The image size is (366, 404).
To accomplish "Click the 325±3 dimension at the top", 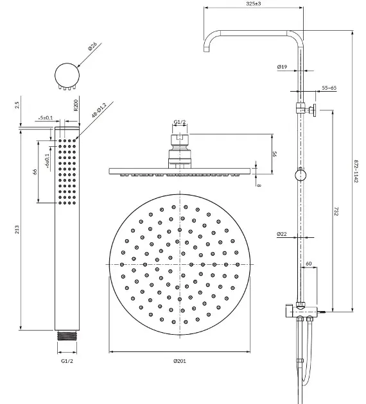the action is (x=254, y=4).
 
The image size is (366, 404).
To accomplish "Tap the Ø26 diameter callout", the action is (x=92, y=46).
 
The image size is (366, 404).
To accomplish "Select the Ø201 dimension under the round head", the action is (x=180, y=361).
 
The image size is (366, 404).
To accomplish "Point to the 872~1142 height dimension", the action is (x=356, y=171).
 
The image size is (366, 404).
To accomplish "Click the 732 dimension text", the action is (x=336, y=211).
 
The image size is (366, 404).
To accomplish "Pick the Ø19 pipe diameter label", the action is (x=282, y=67).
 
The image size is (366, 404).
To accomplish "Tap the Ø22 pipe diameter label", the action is (x=282, y=234).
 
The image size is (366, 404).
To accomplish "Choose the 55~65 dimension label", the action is (x=329, y=88).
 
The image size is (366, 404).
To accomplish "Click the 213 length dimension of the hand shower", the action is (x=17, y=230).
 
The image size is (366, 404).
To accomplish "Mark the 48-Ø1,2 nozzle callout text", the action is (x=99, y=110).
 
